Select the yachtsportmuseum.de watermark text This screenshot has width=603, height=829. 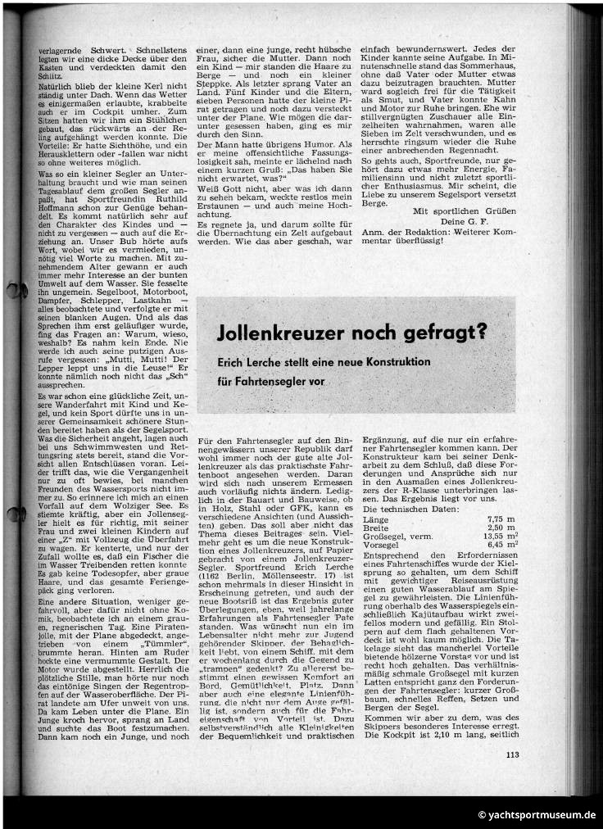(x=537, y=815)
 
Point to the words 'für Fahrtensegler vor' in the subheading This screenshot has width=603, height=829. (x=270, y=381)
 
